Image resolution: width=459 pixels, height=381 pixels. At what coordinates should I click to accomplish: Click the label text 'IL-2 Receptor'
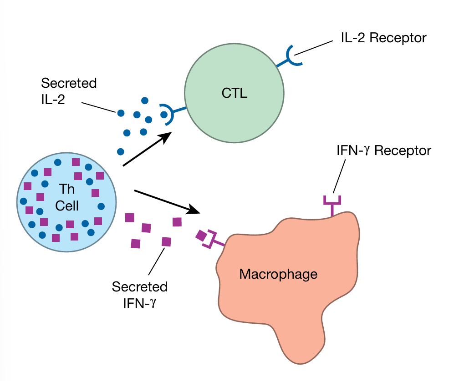pos(383,37)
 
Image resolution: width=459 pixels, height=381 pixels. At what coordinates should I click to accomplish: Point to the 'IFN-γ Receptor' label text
pos(382,150)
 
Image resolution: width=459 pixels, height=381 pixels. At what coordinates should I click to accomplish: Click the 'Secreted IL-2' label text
pos(69,91)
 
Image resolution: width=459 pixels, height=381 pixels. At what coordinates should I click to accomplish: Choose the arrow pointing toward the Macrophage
pos(167,201)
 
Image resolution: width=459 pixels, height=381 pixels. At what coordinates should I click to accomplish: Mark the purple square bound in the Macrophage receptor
pos(201,236)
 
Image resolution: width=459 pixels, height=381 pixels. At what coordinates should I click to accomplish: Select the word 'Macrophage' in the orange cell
pos(278,274)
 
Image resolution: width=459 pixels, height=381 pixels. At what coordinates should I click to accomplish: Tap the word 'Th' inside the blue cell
pos(66,190)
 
